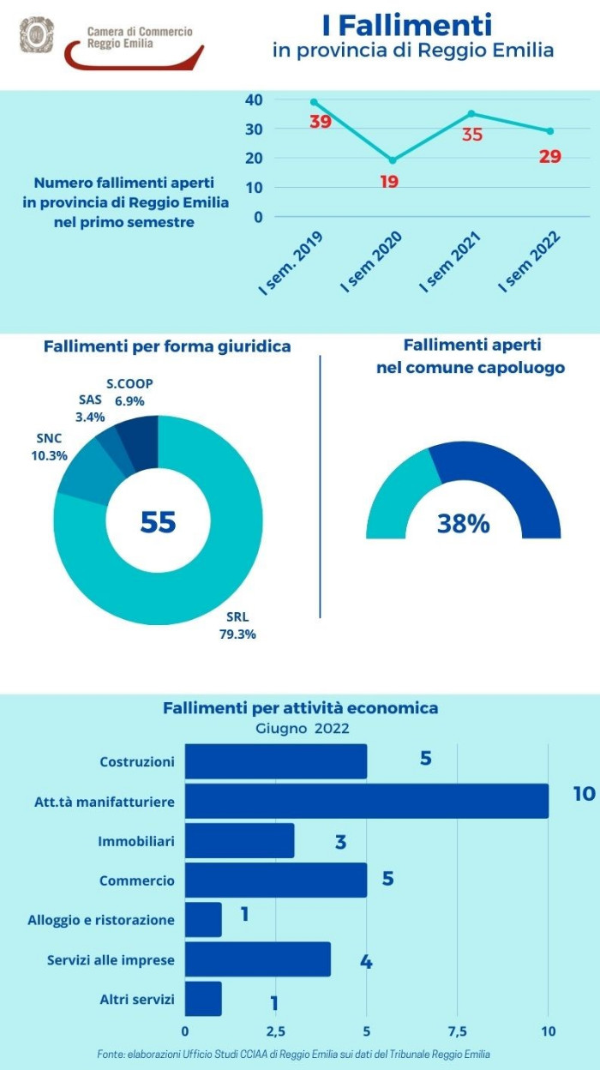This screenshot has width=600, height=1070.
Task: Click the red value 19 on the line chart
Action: click(389, 181)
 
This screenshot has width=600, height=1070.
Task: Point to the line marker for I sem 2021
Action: click(471, 113)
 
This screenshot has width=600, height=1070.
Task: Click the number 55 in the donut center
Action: click(158, 521)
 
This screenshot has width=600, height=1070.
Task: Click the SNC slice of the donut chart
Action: click(82, 479)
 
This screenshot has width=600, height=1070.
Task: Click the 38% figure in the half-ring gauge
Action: click(463, 524)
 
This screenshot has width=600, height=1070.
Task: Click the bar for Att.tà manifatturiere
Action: click(366, 801)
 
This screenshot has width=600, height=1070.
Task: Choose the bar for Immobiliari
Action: click(239, 841)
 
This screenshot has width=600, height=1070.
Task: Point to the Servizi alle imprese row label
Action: click(111, 959)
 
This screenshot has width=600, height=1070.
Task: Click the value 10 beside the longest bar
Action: click(583, 794)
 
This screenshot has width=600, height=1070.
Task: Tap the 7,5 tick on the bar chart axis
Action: click(457, 1030)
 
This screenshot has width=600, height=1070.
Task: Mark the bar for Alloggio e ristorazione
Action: click(203, 919)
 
